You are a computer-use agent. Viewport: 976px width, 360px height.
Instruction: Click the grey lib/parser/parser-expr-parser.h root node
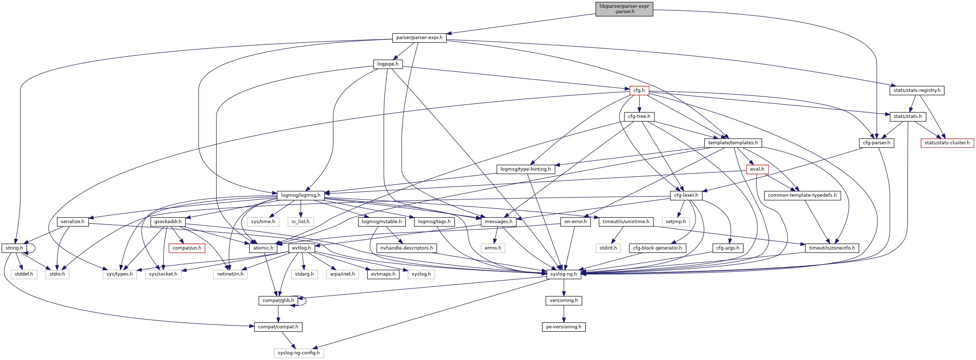[624, 9]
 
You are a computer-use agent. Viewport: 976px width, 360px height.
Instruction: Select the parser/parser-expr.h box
[419, 38]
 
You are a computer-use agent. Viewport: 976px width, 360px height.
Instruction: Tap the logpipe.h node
[388, 64]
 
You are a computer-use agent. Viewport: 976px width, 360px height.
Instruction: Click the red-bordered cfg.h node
[639, 90]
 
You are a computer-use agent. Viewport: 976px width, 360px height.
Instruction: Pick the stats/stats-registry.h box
[917, 90]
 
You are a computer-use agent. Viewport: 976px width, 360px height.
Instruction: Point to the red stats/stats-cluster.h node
[947, 143]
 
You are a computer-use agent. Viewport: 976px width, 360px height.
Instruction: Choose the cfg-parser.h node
[876, 143]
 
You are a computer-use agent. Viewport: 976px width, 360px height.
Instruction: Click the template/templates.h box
[733, 143]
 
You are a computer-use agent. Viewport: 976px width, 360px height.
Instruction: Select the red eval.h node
[757, 169]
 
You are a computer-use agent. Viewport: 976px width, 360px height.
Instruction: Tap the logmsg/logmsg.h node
[300, 196]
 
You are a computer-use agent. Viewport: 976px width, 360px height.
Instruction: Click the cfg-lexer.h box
[686, 196]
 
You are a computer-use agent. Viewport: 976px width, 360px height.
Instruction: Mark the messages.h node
[498, 222]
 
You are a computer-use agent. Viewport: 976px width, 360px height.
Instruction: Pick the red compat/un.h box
[187, 248]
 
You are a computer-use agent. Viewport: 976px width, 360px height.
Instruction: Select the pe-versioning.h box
[563, 327]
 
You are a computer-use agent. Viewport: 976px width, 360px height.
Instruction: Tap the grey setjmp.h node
[676, 222]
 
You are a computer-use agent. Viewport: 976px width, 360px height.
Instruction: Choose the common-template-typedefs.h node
[802, 196]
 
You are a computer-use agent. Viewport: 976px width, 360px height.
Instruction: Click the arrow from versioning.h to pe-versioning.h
[564, 314]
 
